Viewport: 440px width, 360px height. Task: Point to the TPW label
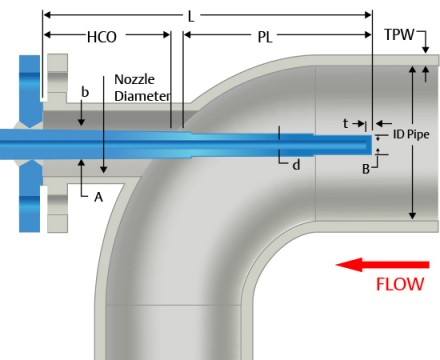[x=403, y=36]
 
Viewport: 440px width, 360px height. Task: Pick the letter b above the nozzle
[x=85, y=91]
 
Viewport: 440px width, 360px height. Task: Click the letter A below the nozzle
[x=98, y=197]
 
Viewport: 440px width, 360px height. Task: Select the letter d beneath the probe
[x=295, y=164]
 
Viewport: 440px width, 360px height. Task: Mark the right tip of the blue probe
[x=369, y=143]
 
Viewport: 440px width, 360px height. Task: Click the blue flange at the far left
[x=27, y=140]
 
